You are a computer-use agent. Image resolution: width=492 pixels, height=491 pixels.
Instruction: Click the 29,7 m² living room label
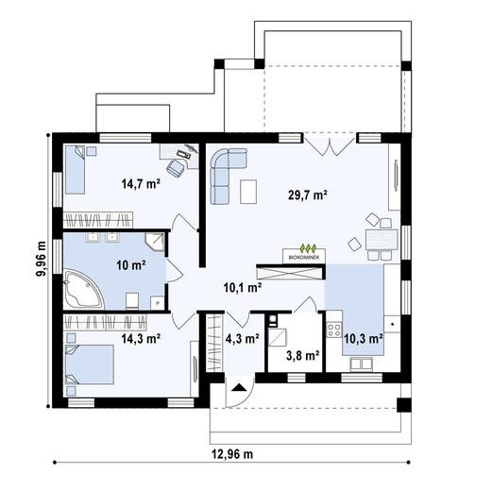click(x=308, y=195)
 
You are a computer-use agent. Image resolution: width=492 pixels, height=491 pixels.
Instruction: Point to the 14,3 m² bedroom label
click(x=139, y=335)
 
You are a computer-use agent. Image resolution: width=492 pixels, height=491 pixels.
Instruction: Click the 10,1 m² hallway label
click(x=241, y=288)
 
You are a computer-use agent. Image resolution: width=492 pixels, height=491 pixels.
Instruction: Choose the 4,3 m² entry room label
click(x=242, y=339)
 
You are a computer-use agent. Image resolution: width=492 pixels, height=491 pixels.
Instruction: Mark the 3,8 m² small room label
click(x=301, y=356)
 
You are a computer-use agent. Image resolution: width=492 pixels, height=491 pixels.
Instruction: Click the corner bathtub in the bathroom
click(x=84, y=289)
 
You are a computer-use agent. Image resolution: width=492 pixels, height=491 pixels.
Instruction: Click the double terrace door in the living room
click(x=331, y=144)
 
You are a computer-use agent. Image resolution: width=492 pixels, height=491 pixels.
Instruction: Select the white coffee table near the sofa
click(x=249, y=191)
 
